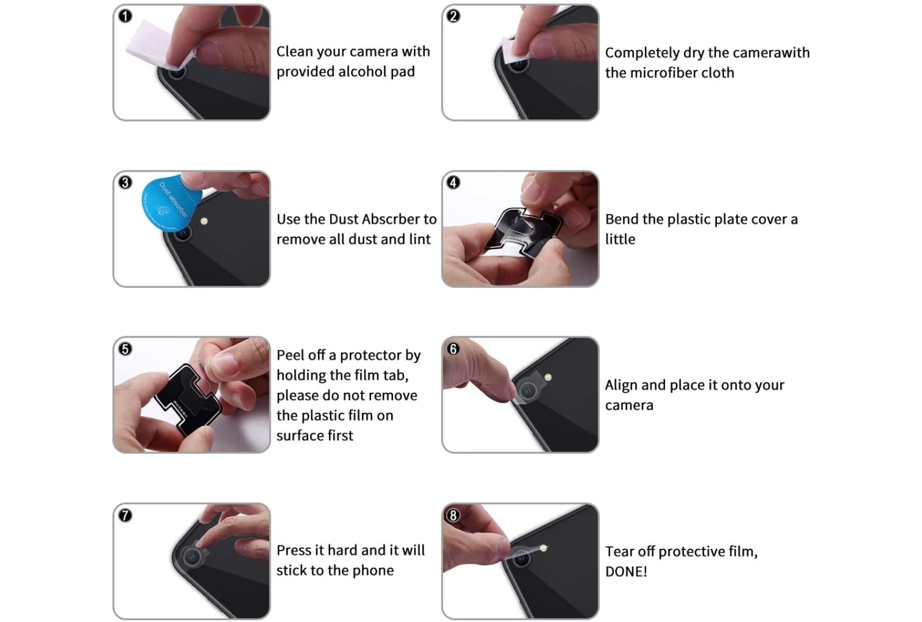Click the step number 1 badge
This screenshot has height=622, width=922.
pyautogui.click(x=126, y=17)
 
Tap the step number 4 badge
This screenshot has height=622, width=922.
pyautogui.click(x=454, y=182)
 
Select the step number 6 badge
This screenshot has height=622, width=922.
pyautogui.click(x=454, y=349)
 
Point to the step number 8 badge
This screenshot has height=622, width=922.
pyautogui.click(x=454, y=515)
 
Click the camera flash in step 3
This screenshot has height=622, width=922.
pyautogui.click(x=204, y=221)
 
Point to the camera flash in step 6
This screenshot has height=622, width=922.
pyautogui.click(x=548, y=377)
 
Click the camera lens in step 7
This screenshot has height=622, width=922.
pyautogui.click(x=191, y=557)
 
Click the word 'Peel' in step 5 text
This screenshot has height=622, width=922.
pyautogui.click(x=290, y=355)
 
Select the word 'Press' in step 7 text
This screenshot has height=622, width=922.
pyautogui.click(x=294, y=551)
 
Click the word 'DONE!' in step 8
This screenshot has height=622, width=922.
pyautogui.click(x=626, y=572)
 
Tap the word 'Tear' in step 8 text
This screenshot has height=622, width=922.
pyautogui.click(x=620, y=552)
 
